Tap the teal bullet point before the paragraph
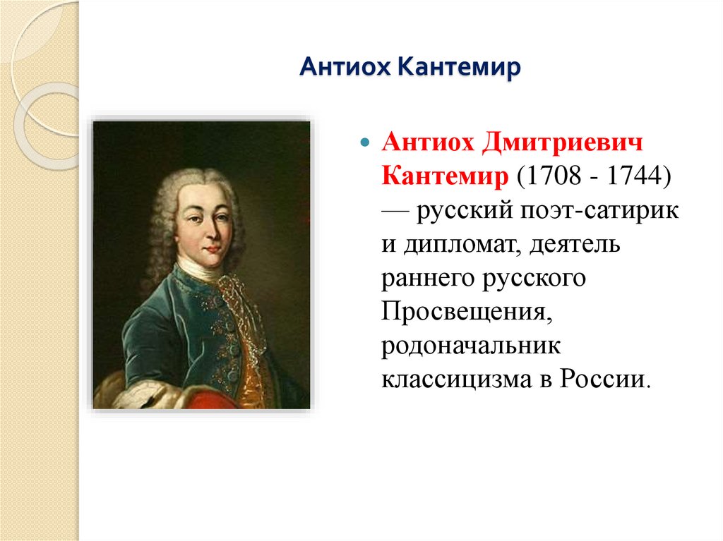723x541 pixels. coord(365,143)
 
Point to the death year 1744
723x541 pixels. coord(633,177)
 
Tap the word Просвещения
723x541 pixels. coord(465,312)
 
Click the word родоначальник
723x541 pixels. coord(470,346)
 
